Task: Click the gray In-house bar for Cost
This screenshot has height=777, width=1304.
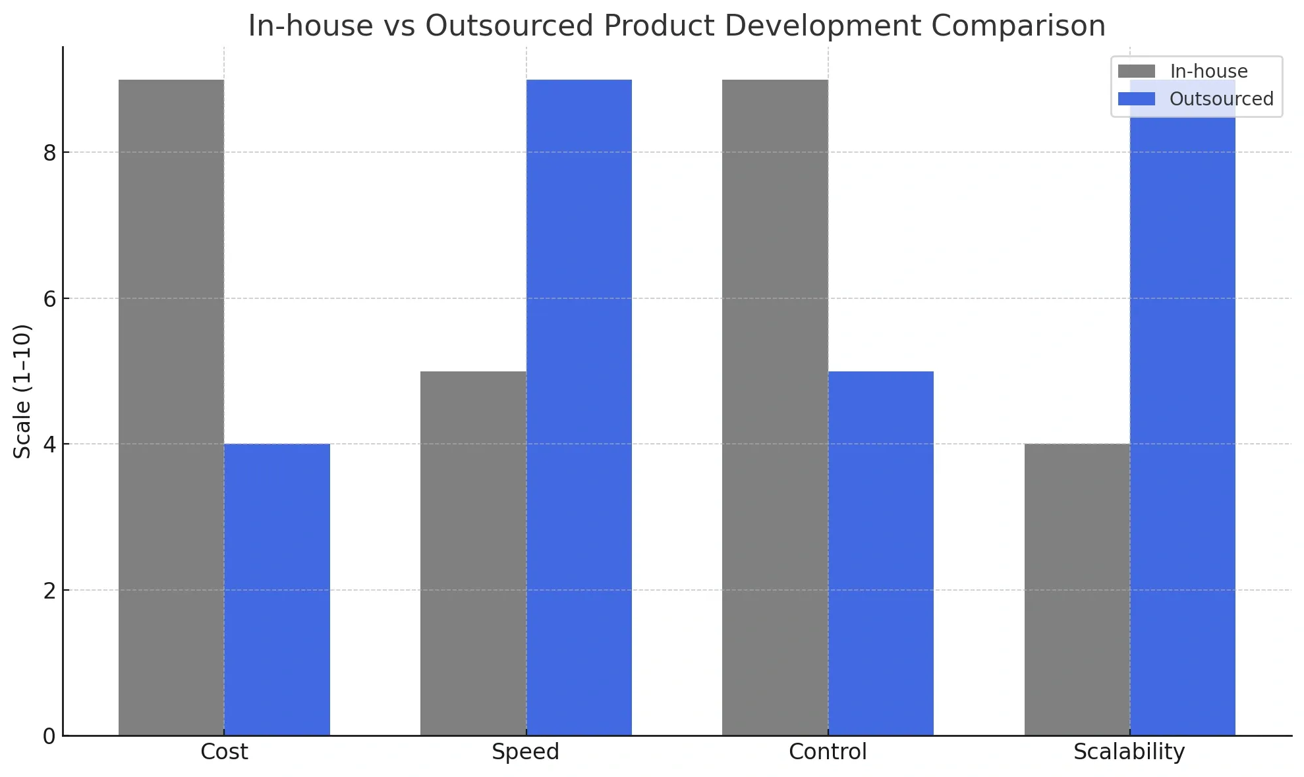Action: [171, 408]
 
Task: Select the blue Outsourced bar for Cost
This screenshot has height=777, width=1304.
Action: [277, 589]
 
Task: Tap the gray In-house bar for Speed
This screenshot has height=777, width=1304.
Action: [473, 553]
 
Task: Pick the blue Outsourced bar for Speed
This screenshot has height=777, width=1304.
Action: [579, 408]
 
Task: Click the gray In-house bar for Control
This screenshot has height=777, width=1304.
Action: [775, 408]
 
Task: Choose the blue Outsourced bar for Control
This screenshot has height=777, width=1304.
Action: [880, 553]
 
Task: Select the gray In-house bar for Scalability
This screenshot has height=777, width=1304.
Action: [1077, 589]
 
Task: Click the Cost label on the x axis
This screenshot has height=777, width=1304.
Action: [224, 752]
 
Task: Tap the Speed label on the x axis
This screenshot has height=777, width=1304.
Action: [525, 752]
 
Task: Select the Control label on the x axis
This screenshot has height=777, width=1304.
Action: [828, 752]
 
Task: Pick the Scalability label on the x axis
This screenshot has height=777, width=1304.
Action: [1129, 752]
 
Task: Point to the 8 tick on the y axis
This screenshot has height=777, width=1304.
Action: [49, 153]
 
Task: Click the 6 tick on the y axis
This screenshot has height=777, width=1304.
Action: [49, 299]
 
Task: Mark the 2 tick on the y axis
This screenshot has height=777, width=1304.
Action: [49, 591]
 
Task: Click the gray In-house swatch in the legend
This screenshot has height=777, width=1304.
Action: [1137, 71]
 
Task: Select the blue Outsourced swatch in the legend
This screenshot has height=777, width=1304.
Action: [1137, 99]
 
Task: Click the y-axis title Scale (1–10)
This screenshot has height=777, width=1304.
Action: [22, 391]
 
